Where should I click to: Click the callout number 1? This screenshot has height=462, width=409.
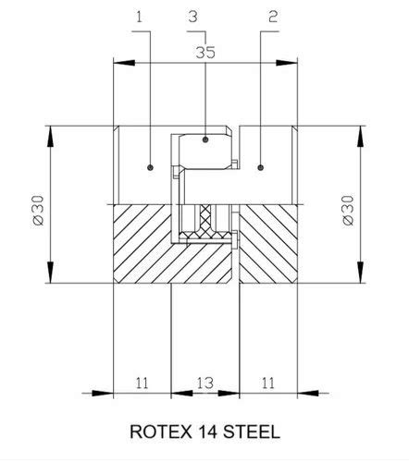point(141,17)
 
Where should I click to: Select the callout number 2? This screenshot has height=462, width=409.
point(272,17)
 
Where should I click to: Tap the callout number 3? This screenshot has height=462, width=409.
point(192,17)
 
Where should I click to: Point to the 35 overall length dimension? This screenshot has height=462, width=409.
point(204,53)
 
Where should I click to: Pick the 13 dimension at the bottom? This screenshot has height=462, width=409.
point(204,382)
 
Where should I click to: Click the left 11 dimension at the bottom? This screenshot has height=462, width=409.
point(142,382)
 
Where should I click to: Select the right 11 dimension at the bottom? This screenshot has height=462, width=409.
point(267,382)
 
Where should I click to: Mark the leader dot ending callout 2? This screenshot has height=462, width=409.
point(262,167)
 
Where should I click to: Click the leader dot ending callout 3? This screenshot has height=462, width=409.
point(204,140)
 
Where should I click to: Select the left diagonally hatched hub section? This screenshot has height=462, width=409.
point(142,242)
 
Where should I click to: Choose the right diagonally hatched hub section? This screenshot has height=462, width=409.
point(268,242)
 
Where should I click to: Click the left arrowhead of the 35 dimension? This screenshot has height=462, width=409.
point(117,63)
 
